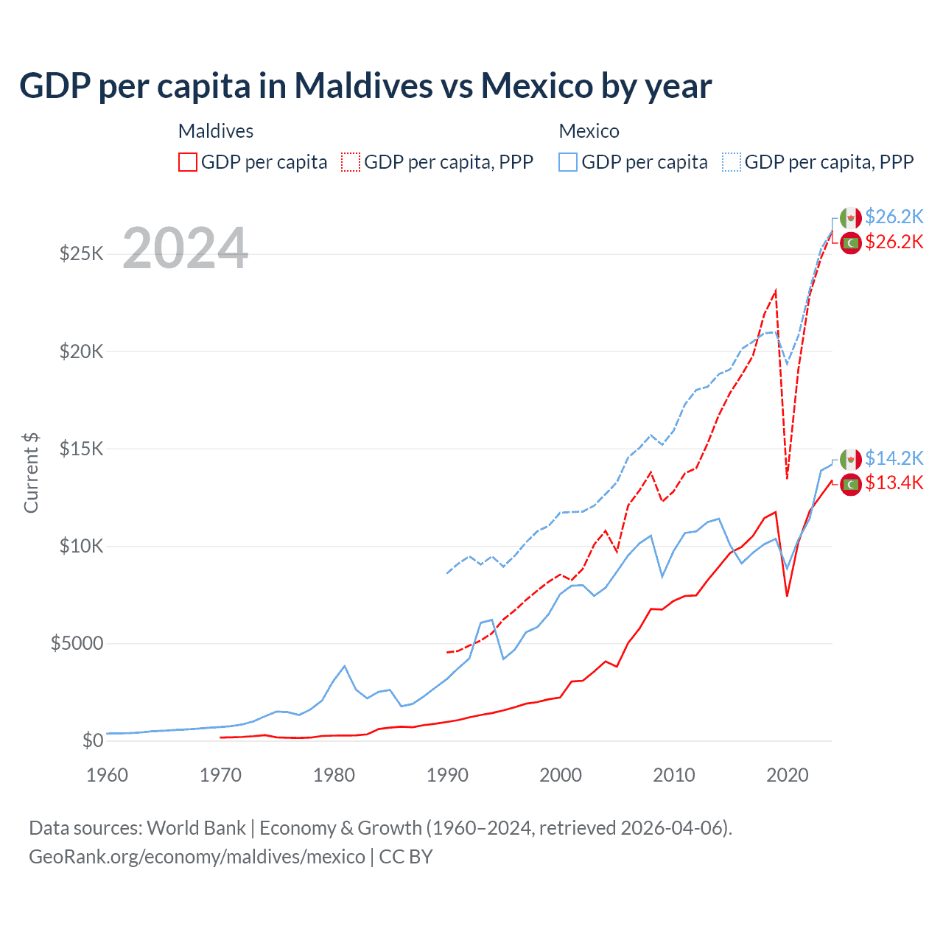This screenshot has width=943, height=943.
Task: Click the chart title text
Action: [x=365, y=85]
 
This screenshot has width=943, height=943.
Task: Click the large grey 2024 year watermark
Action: [x=186, y=248]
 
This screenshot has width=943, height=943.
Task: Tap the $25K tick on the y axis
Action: [x=81, y=254]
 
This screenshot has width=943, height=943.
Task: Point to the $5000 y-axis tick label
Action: [x=77, y=643]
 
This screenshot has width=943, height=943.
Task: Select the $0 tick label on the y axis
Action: [x=92, y=740]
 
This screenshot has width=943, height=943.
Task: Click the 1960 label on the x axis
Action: [x=108, y=775]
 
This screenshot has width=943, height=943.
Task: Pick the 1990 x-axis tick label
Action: [x=447, y=775]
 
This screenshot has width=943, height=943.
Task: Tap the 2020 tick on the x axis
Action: [x=788, y=775]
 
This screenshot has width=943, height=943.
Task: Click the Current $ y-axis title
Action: [x=31, y=472]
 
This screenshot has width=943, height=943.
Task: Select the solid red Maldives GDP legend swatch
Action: [x=188, y=162]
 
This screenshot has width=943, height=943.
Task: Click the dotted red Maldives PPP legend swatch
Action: [x=351, y=162]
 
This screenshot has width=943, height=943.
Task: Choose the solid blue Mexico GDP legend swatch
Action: [x=568, y=162]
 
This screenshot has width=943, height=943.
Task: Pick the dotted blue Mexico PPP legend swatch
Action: [x=732, y=162]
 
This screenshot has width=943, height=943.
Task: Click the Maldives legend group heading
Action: [x=216, y=131]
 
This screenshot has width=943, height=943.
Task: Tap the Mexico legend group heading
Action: [x=589, y=131]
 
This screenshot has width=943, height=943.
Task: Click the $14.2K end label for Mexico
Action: [x=894, y=458]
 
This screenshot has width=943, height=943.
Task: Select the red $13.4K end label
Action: [x=894, y=483]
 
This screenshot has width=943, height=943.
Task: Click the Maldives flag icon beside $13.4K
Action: [x=851, y=484]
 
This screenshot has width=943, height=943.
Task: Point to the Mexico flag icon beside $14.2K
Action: [x=851, y=459]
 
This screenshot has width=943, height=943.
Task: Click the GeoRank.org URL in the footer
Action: [x=197, y=857]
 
